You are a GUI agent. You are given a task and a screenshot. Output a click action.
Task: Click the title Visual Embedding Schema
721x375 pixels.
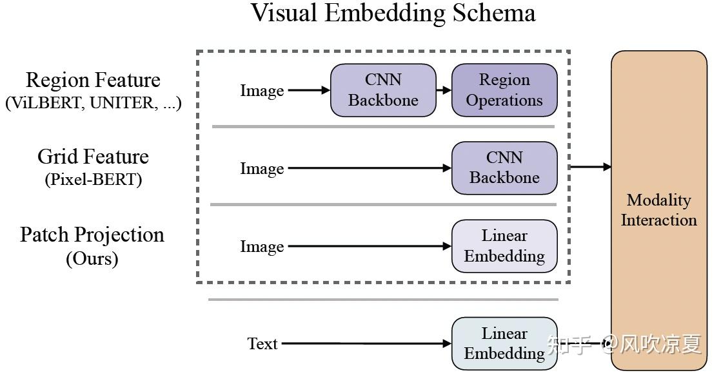coord(393,14)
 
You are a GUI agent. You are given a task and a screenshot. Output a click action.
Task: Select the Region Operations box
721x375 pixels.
coord(504,90)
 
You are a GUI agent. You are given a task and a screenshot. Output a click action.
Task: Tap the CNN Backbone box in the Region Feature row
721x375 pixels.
coord(383,90)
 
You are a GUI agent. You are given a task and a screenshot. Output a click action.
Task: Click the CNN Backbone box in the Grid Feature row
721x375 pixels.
coord(504,168)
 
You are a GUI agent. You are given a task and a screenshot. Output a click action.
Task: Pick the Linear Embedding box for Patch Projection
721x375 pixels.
coord(504,246)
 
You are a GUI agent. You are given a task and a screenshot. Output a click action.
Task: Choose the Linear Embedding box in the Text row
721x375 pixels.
coord(504,343)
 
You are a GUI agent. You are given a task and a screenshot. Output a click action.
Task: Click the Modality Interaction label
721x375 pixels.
coord(658,210)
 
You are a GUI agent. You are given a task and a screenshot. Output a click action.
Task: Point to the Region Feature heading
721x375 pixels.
coord(93,81)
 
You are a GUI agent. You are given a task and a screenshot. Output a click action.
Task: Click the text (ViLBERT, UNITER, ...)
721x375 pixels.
coord(93,103)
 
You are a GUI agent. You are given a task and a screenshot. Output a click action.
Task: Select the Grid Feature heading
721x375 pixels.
coord(93,157)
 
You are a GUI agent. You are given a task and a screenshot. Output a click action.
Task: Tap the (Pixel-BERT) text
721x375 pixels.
coord(93,180)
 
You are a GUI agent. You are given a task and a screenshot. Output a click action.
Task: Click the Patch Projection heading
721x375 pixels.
coord(92,235)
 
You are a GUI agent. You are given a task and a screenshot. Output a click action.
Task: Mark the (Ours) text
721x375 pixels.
coord(92,259)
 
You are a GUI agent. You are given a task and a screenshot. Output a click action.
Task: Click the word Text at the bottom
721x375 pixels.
coord(262,344)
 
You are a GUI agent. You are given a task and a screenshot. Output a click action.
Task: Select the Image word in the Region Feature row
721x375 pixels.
coord(262,91)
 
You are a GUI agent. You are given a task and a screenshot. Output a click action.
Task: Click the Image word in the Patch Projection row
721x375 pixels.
coord(262,247)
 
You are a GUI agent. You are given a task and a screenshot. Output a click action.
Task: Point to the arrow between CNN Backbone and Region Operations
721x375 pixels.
coord(444,90)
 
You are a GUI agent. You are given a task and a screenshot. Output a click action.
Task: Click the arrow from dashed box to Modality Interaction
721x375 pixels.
coord(591,167)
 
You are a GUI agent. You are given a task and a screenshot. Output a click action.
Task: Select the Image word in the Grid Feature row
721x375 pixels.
coord(262,169)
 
